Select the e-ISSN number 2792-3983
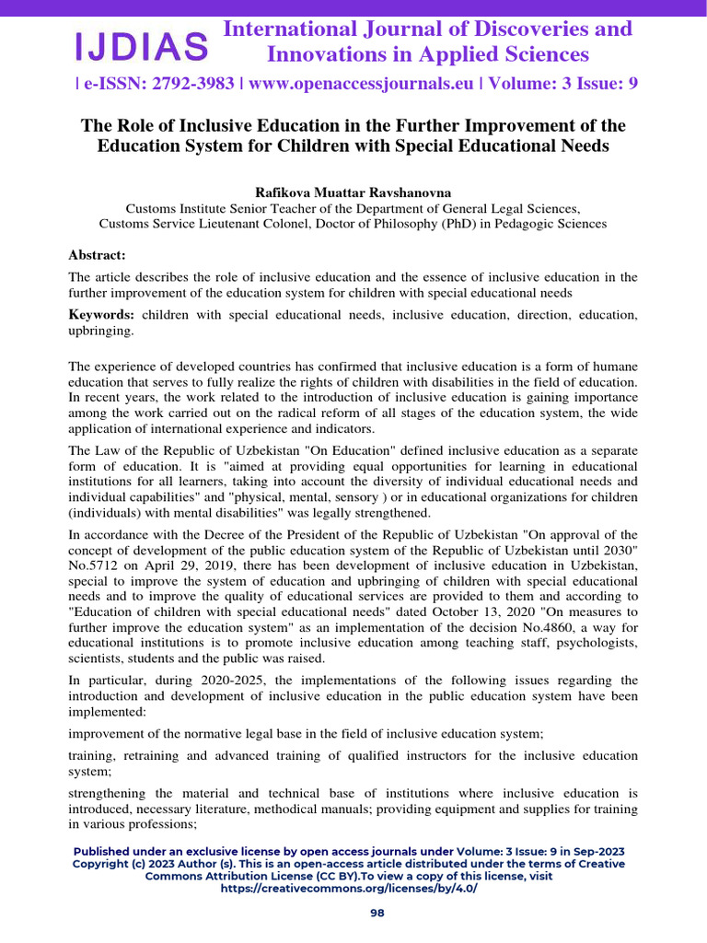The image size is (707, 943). (188, 84)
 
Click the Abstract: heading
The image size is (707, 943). (97, 255)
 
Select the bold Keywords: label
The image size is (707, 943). (102, 315)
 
